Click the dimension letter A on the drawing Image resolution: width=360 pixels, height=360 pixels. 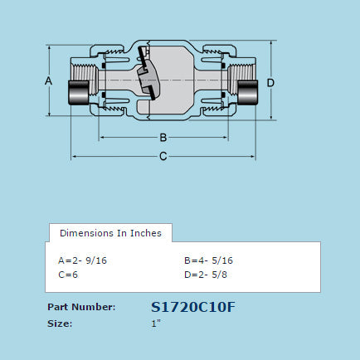[x=48, y=80]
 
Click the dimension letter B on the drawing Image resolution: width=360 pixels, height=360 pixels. [x=163, y=137]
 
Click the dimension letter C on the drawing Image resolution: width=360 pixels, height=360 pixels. [x=163, y=156]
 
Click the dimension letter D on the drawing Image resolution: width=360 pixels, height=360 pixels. [x=270, y=82]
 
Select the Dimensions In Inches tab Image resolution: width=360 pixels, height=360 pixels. [x=110, y=232]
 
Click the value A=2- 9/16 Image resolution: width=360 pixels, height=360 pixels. [x=83, y=260]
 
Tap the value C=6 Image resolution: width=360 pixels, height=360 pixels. [x=68, y=273]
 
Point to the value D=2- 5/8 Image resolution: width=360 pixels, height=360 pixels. [x=206, y=273]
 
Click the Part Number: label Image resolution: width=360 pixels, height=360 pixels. [x=81, y=306]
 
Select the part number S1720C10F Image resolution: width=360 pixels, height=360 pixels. [x=193, y=306]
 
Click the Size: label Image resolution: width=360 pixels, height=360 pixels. [x=60, y=324]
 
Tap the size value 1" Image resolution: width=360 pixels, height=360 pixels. [x=156, y=324]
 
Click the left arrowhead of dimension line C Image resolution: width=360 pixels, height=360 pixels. [x=75, y=156]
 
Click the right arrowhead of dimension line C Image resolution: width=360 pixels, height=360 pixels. [x=252, y=156]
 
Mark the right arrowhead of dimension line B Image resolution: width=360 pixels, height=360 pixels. [x=224, y=137]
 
